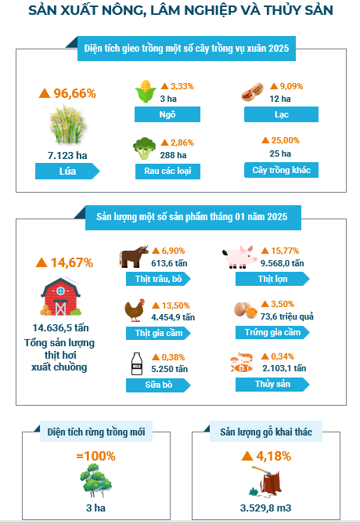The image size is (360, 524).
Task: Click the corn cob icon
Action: [x=146, y=91]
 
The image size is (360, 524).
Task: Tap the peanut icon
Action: [x=252, y=92]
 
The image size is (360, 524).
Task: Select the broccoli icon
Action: [x=144, y=148]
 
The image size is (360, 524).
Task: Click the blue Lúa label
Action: [x=67, y=172]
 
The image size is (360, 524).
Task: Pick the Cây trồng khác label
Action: [x=281, y=170]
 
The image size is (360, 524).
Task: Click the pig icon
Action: [x=239, y=257]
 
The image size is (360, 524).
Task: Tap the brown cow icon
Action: [x=134, y=256]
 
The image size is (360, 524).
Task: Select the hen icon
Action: [x=135, y=310]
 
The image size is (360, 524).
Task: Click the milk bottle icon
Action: [x=137, y=363]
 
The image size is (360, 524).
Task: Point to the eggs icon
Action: [x=246, y=310]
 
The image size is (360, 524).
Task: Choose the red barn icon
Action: [x=60, y=296]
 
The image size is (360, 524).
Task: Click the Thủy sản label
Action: [x=272, y=385]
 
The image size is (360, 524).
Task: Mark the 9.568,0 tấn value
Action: [x=283, y=263]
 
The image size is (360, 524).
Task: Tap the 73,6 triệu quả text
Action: [x=287, y=316]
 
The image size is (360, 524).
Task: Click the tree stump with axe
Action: [x=265, y=481]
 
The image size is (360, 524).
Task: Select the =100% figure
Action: [x=95, y=456]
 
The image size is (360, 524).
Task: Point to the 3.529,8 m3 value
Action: [x=265, y=508]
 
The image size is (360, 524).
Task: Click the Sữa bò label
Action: [x=158, y=385]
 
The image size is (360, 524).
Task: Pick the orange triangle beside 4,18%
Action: [x=247, y=456]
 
